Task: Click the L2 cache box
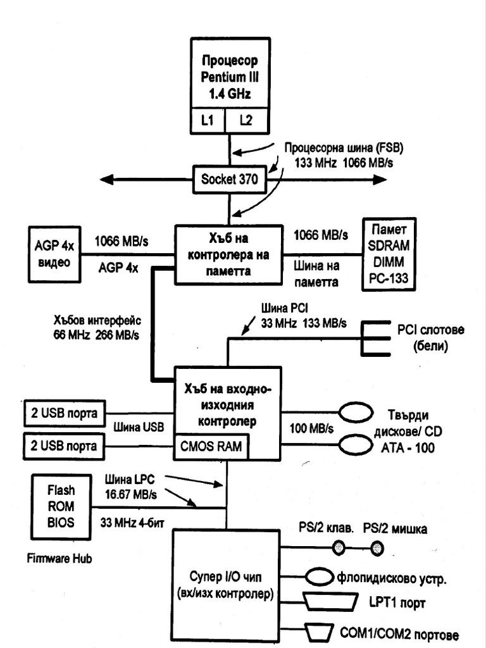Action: click(x=246, y=120)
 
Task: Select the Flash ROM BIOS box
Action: click(x=61, y=506)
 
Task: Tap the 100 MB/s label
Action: click(x=311, y=428)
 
